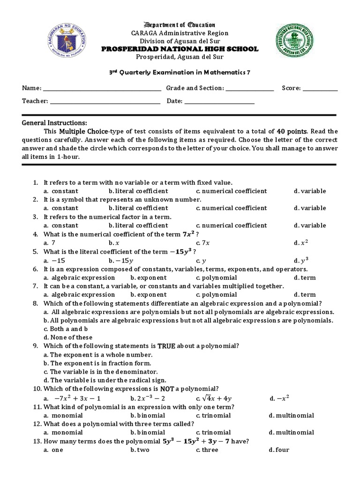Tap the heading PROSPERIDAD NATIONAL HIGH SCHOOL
[180, 49]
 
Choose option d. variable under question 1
[309, 191]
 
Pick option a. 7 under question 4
[49, 243]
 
